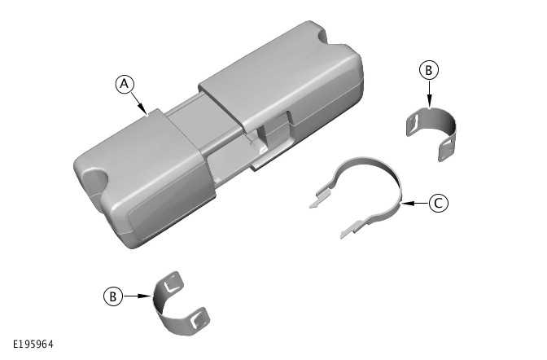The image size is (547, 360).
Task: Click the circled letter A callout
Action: click(125, 83)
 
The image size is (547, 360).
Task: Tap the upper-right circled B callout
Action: click(428, 70)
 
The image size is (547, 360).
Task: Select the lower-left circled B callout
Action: click(112, 296)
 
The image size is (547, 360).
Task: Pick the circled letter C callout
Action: click(437, 204)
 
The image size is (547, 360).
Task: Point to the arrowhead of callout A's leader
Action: click(146, 112)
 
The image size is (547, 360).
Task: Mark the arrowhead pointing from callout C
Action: click(405, 204)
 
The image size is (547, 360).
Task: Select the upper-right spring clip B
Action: click(431, 130)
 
